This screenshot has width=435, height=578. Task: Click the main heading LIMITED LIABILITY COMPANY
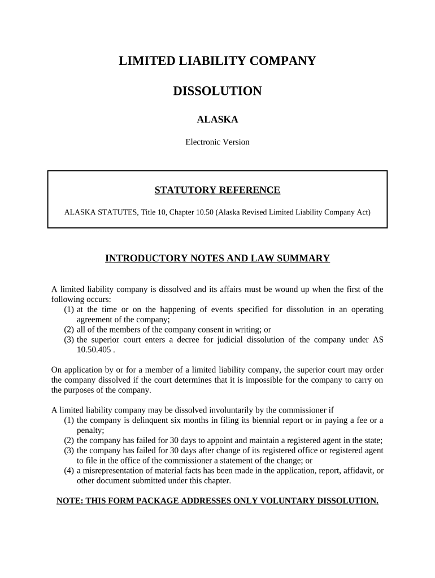pos(217,62)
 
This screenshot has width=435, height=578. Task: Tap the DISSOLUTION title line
pos(217,91)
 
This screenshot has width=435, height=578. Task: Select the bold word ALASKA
pos(217,120)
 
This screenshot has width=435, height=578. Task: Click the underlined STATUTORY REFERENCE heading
pos(217,190)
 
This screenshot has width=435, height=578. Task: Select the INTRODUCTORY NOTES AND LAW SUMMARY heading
pos(217,259)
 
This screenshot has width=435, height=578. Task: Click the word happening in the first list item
pos(153,309)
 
